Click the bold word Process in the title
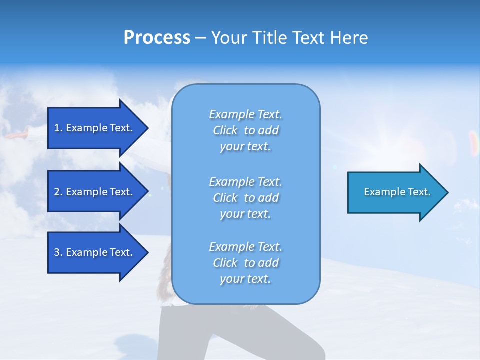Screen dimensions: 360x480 (x=157, y=38)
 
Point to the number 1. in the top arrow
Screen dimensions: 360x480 (x=58, y=128)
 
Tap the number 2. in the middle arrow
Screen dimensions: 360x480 (x=58, y=192)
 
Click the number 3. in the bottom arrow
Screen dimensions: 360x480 (x=58, y=252)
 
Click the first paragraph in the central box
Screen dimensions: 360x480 (x=245, y=130)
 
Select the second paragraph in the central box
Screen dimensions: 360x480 (x=245, y=198)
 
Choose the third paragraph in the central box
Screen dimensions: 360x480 (x=245, y=263)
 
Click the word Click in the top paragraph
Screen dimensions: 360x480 (x=225, y=130)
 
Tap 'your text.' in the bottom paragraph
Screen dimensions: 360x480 (x=245, y=279)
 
